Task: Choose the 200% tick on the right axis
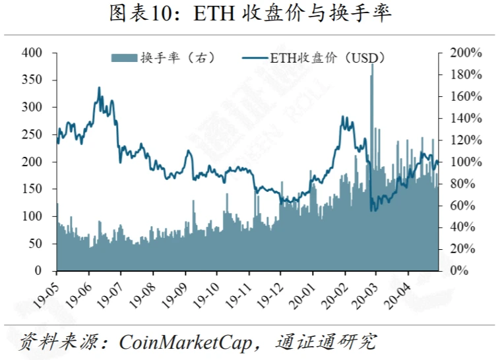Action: pos(466,53)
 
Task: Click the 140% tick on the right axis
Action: pos(466,118)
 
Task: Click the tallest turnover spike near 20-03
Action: pos(372,66)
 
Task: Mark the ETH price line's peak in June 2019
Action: pos(100,88)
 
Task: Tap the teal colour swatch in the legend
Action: pos(124,58)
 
